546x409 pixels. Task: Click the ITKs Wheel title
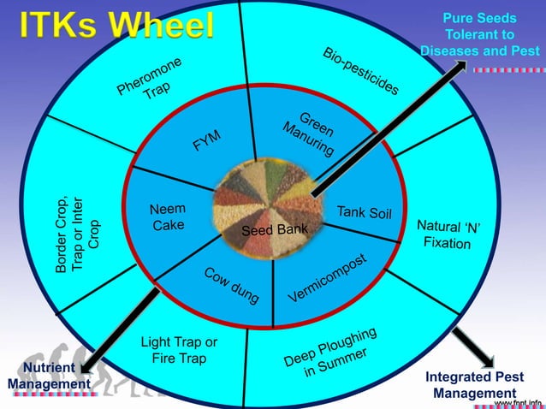click(117, 25)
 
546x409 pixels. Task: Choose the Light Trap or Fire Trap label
click(178, 351)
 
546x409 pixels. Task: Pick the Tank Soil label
click(364, 212)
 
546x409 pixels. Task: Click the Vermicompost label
click(327, 278)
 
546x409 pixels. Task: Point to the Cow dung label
click(232, 285)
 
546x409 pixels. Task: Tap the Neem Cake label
click(168, 217)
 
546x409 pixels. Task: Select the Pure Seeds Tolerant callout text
click(480, 34)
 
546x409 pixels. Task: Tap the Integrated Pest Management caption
click(474, 385)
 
